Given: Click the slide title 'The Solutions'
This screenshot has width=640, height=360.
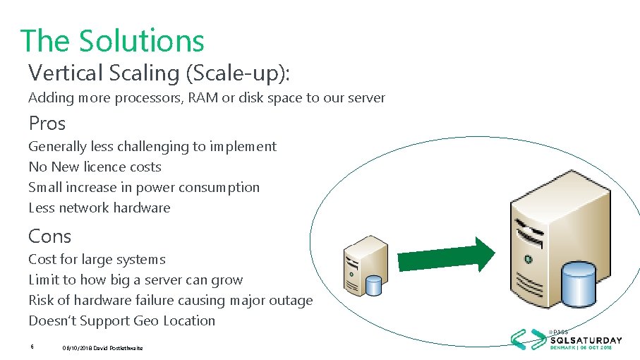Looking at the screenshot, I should click(112, 40).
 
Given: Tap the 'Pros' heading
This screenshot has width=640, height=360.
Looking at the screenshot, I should click(47, 124).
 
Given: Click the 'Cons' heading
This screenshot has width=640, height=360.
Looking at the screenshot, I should click(49, 236).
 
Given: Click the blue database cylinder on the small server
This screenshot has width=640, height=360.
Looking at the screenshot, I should click(373, 284).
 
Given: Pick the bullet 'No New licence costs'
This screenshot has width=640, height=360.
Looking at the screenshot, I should click(95, 167).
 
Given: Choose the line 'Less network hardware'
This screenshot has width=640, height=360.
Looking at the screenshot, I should click(99, 208).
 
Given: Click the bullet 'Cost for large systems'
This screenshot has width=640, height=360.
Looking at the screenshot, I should click(97, 260).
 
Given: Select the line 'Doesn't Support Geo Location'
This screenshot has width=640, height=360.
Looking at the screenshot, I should click(121, 321).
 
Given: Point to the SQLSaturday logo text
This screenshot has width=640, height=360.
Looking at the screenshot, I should click(586, 340).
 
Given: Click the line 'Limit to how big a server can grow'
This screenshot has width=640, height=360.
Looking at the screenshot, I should click(135, 280).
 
